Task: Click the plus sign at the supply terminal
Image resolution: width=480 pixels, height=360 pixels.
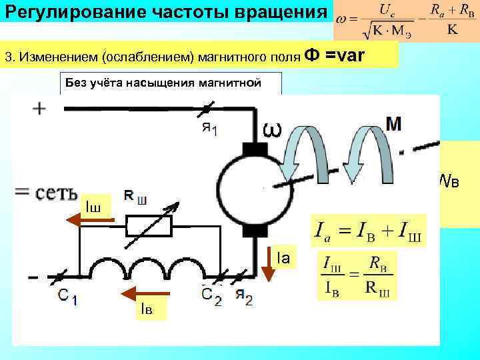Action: (39, 109)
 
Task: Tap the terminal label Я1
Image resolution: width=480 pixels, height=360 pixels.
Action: (209, 128)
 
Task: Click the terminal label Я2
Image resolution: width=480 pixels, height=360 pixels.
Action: (244, 297)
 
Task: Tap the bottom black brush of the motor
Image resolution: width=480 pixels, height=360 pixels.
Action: (254, 231)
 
